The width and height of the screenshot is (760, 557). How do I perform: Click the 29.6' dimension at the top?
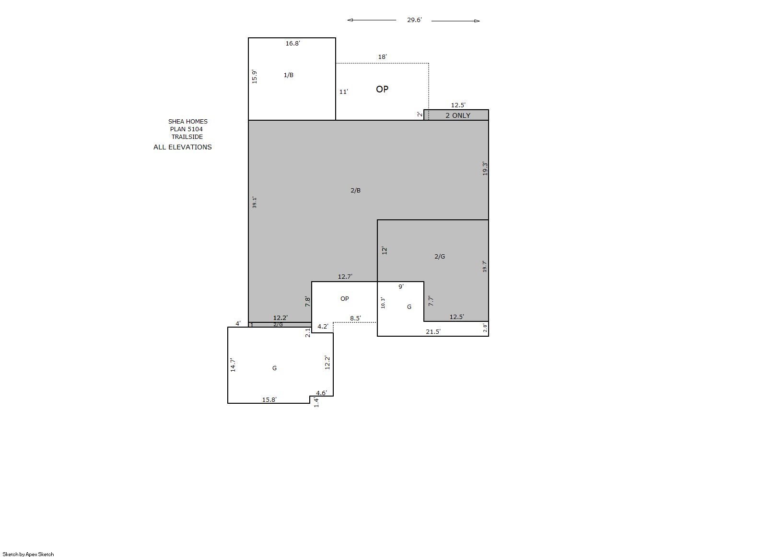point(414,20)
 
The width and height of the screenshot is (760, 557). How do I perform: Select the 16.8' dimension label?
point(293,44)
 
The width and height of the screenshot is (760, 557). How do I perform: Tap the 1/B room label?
point(288,75)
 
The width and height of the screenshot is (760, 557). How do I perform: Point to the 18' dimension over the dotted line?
point(382,57)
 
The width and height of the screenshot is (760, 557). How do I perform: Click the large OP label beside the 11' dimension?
point(382,89)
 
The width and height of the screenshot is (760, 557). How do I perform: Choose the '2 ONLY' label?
point(458,115)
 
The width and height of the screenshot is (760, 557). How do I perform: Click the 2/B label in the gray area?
point(356,191)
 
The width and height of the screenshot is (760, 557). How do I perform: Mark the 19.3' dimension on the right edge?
point(485,169)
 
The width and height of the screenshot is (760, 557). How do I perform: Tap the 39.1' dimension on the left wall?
point(255,202)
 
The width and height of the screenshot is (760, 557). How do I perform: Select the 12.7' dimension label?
point(345,277)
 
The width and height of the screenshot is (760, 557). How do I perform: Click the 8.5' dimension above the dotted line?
point(356,318)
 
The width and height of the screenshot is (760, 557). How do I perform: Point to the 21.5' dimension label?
point(433,332)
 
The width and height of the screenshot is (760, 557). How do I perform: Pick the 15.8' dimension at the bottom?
point(269,400)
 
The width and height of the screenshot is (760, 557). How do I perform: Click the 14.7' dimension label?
point(233,365)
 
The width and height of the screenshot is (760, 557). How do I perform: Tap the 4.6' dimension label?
point(322,393)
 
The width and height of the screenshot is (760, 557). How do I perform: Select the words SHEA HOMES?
point(187,121)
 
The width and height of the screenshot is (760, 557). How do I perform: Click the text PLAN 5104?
point(186,129)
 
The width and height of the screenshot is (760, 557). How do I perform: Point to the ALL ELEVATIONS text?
point(183,147)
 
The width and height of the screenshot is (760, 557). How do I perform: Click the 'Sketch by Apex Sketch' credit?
point(28,554)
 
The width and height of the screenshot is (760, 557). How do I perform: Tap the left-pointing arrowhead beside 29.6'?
point(350,20)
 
